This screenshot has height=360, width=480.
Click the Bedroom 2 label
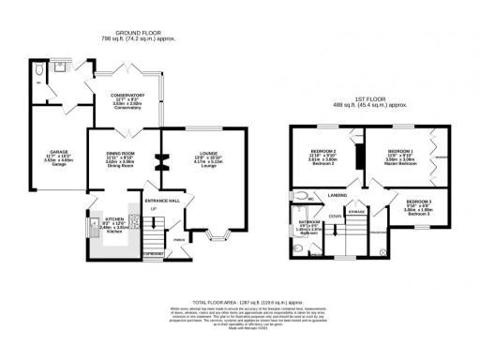point(322,156)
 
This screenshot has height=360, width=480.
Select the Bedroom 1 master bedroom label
point(399,156)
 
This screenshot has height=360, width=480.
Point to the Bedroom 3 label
point(419,207)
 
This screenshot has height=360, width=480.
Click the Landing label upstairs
point(338,196)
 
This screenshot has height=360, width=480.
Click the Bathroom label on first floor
point(310,226)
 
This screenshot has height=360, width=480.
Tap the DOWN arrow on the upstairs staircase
point(334,216)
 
